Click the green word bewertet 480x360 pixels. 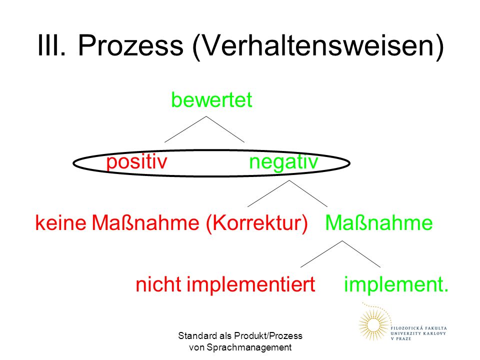(x=211, y=99)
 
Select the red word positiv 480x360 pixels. (x=136, y=162)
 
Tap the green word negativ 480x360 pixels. (x=284, y=162)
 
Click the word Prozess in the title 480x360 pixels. (x=130, y=45)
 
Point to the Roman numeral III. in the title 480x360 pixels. (x=51, y=45)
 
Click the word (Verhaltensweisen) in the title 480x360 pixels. (x=318, y=46)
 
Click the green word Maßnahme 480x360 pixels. (x=379, y=222)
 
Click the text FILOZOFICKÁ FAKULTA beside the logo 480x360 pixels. (x=418, y=328)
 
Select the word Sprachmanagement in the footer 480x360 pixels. (x=249, y=348)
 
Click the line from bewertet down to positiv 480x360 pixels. (x=185, y=129)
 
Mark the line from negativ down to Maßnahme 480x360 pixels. (x=308, y=193)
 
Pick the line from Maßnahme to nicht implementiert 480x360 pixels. (x=321, y=254)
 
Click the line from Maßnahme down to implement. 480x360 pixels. (x=361, y=254)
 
